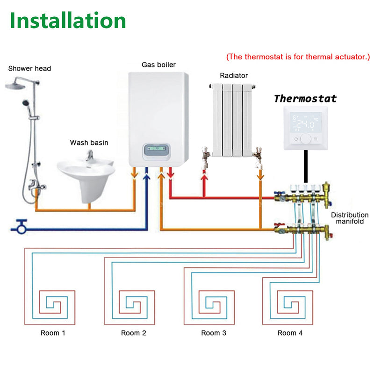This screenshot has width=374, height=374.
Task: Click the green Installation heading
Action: [68, 21]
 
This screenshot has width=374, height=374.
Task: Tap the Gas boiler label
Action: [158, 65]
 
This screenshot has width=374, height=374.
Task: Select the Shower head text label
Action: [29, 69]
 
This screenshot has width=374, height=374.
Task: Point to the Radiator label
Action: [234, 75]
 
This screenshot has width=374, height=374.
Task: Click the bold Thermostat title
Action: [305, 99]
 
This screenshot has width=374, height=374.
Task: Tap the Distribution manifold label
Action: [350, 218]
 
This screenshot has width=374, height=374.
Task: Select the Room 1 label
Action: [53, 333]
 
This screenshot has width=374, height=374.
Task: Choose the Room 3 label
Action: [214, 333]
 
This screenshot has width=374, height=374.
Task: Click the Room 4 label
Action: [290, 333]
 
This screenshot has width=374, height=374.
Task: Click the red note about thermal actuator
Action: [298, 57]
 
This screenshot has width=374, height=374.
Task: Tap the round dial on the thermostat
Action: [306, 139]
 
